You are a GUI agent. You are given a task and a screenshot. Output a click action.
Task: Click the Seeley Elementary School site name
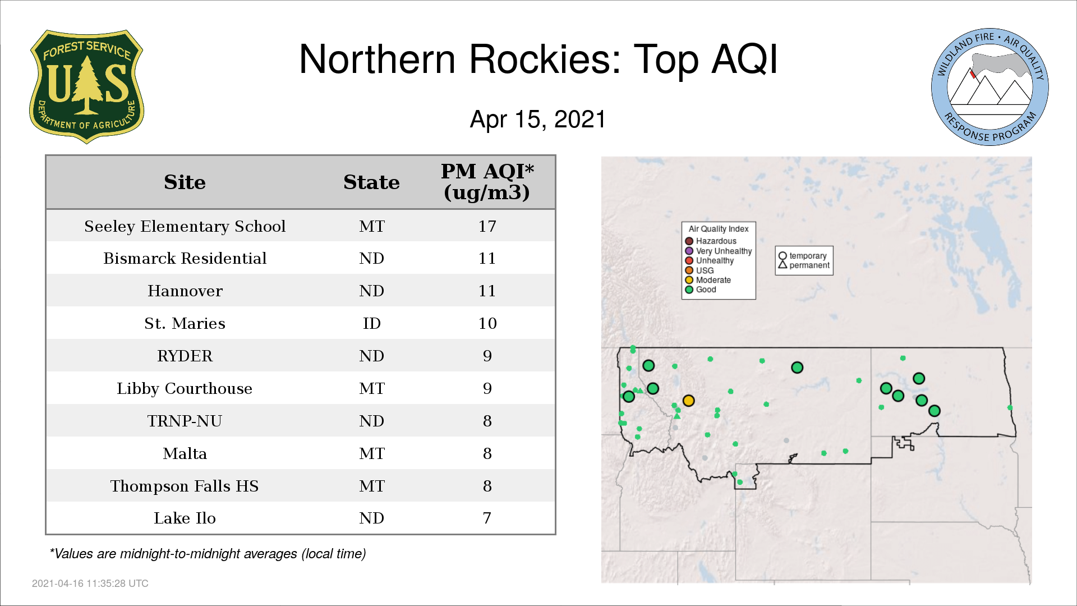pyautogui.click(x=185, y=226)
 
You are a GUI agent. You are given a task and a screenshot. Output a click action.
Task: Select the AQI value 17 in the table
pyautogui.click(x=487, y=226)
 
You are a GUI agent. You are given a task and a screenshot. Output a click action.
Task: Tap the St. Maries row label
pyautogui.click(x=185, y=323)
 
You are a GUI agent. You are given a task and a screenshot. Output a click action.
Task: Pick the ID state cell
pyautogui.click(x=371, y=323)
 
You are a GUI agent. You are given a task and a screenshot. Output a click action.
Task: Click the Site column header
pyautogui.click(x=185, y=182)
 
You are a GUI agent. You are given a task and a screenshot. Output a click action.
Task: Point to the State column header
pyautogui.click(x=371, y=182)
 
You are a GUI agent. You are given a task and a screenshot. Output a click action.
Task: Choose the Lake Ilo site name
pyautogui.click(x=185, y=518)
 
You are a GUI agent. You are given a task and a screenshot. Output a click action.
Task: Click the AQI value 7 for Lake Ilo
pyautogui.click(x=487, y=518)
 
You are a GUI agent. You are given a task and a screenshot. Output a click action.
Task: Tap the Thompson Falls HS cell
pyautogui.click(x=185, y=486)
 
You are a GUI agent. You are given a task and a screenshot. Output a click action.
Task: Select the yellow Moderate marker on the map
pyautogui.click(x=689, y=401)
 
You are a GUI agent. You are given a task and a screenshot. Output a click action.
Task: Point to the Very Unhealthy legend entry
pyautogui.click(x=719, y=251)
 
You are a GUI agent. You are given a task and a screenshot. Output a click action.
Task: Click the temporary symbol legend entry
pyautogui.click(x=803, y=256)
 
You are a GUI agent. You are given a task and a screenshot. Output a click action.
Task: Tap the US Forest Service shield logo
pyautogui.click(x=86, y=87)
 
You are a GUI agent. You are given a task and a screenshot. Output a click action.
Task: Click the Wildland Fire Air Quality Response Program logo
pyautogui.click(x=990, y=87)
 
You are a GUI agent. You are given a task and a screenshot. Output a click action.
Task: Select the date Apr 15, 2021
pyautogui.click(x=538, y=120)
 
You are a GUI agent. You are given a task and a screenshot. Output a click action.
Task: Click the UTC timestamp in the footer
pyautogui.click(x=90, y=584)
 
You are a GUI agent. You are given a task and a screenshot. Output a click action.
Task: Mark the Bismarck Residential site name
pyautogui.click(x=185, y=258)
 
